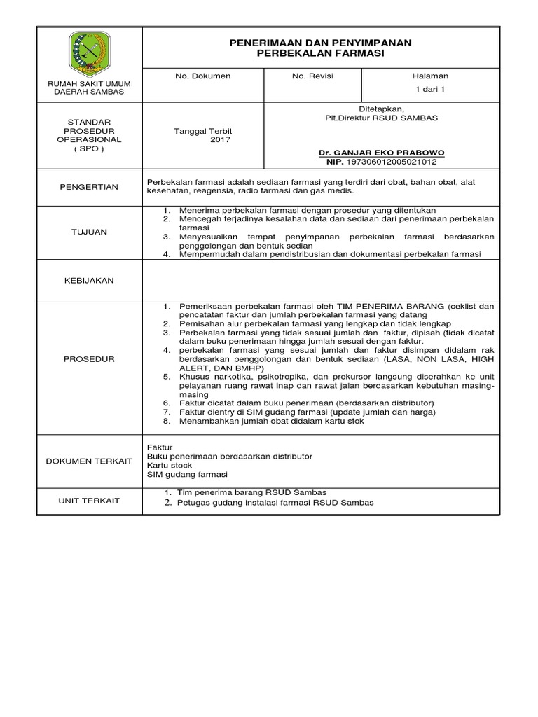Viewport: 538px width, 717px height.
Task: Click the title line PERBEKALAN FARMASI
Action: [321, 54]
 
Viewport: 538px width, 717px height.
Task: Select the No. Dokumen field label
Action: [202, 76]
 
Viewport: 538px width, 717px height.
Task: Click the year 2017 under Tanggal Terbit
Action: [220, 140]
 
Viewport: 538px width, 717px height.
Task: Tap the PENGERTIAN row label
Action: [89, 187]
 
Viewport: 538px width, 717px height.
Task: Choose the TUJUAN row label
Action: [89, 232]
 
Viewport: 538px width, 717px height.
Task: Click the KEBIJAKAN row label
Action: [89, 280]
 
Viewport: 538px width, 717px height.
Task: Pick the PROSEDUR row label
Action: [89, 359]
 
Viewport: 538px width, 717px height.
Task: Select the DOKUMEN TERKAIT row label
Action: [89, 460]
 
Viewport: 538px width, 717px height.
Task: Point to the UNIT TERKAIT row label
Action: [89, 501]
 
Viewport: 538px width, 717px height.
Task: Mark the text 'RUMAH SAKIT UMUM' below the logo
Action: [89, 83]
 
